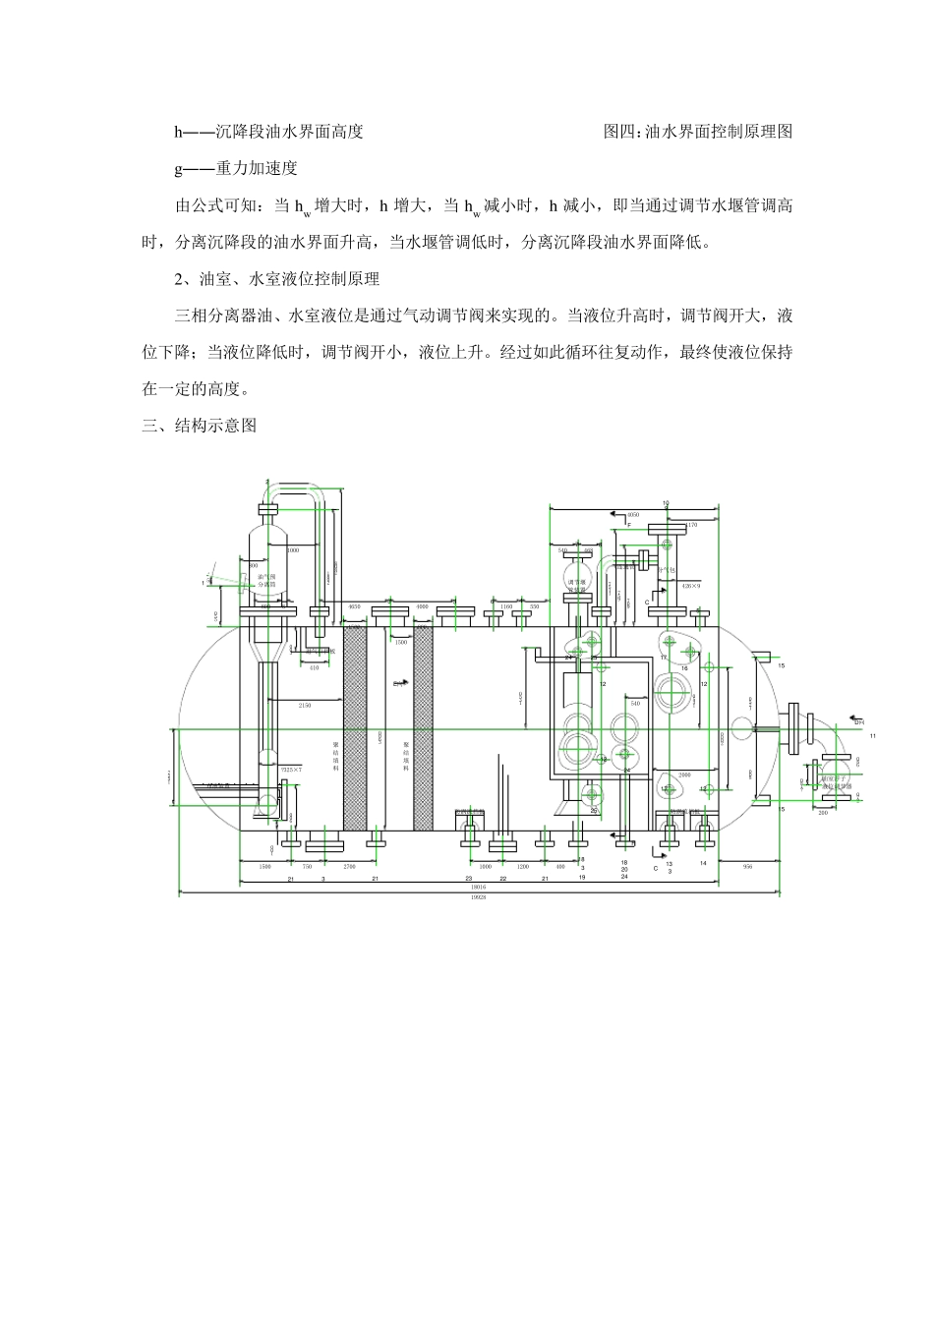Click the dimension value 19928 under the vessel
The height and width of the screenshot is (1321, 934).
(479, 898)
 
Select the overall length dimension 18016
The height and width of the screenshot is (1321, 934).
(479, 886)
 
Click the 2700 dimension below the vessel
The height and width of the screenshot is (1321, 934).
(349, 867)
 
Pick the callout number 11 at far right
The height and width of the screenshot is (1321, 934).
(871, 735)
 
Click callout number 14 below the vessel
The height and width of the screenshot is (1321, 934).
(703, 862)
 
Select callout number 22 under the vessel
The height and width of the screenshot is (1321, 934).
(502, 878)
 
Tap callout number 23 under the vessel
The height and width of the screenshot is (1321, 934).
(469, 878)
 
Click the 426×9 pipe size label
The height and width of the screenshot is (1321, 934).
(690, 586)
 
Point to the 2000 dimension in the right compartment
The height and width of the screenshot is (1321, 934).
(684, 775)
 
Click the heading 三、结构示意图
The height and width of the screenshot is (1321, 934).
(200, 426)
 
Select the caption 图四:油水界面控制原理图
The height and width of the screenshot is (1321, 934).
(697, 131)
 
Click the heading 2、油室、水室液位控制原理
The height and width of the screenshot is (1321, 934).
(276, 279)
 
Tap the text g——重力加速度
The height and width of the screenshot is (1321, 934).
(236, 168)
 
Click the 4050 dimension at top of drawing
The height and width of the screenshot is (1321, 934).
(633, 514)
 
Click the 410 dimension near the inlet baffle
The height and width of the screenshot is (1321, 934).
(314, 667)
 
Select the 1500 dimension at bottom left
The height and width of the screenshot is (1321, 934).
(264, 867)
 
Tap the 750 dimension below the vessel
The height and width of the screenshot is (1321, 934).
(306, 867)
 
